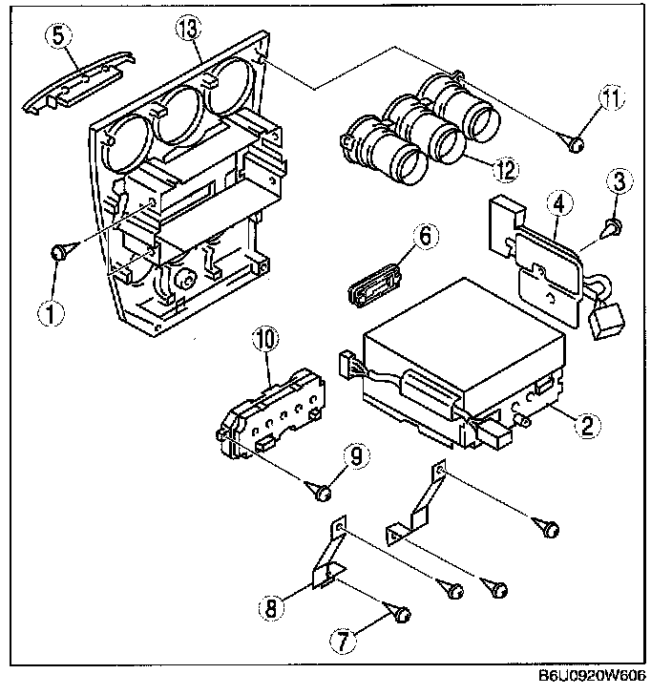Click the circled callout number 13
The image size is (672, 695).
188,31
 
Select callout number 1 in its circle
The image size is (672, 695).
51,313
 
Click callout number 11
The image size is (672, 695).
612,98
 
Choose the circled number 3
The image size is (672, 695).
619,181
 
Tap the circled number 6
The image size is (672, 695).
426,236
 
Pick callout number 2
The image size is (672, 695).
588,426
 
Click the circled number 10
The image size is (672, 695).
266,340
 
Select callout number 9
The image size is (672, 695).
356,456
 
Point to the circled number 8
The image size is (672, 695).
271,607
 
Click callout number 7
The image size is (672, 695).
343,642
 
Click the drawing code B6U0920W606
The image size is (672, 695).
592,676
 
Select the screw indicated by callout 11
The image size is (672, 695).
572,142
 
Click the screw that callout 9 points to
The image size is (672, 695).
320,491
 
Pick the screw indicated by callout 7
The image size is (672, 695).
398,614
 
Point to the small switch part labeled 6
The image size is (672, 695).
373,284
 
